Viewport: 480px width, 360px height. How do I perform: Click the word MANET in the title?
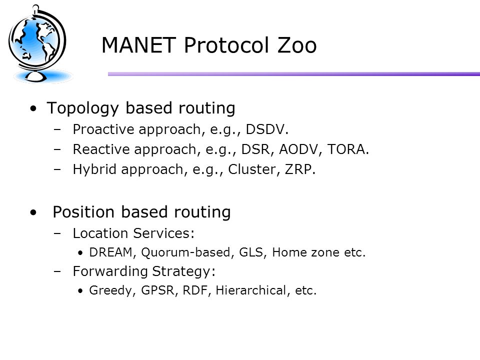point(138,45)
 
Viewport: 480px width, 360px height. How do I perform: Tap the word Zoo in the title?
point(296,45)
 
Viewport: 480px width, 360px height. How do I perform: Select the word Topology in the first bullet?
point(82,108)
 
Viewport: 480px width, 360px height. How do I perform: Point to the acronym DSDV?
point(265,129)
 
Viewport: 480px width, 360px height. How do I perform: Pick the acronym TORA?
point(346,149)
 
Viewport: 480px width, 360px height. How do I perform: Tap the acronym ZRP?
point(298,169)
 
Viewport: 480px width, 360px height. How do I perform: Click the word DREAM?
point(110,252)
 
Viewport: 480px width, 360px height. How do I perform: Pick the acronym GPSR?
point(157,290)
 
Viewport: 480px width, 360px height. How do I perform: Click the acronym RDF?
point(195,290)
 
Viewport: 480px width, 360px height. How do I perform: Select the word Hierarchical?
point(250,290)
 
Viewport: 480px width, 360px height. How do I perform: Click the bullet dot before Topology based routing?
point(33,108)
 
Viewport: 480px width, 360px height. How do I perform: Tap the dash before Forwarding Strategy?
point(57,271)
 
